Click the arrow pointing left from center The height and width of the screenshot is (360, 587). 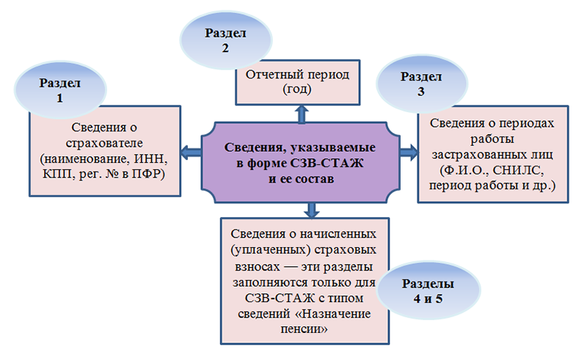[190, 153]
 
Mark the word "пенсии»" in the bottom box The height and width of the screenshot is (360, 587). [302, 330]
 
